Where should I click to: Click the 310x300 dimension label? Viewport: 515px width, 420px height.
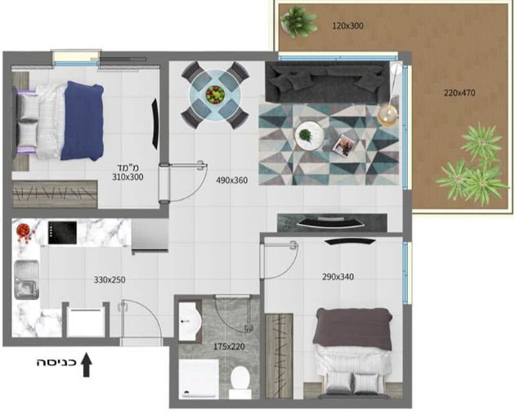(x=128, y=177)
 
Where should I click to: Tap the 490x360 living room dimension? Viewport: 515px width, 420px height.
(x=232, y=181)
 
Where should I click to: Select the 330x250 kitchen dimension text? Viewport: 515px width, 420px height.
(x=110, y=280)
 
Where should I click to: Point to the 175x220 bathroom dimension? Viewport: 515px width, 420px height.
(x=229, y=346)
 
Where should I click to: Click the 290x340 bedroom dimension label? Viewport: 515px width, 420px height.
(x=338, y=277)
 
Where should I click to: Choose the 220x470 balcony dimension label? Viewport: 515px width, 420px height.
(x=459, y=93)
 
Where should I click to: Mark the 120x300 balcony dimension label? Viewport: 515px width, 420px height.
(x=347, y=25)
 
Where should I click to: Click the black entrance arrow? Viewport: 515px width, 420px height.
(x=87, y=364)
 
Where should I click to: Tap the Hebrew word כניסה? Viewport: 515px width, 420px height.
(x=56, y=363)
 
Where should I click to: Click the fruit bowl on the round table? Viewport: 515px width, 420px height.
(x=215, y=95)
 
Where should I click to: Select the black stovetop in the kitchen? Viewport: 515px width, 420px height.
(x=62, y=233)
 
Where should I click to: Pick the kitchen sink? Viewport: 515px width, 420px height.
(x=26, y=279)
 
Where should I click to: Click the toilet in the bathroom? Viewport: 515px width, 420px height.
(x=240, y=382)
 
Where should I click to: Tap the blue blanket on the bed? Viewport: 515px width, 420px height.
(x=82, y=121)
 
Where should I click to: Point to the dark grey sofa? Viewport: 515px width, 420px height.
(x=329, y=82)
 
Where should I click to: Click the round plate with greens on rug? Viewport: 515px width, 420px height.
(x=309, y=135)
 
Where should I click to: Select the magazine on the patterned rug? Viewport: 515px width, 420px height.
(x=343, y=145)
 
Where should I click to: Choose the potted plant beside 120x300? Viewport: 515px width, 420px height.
(x=299, y=22)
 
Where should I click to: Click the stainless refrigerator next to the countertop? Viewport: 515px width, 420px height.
(x=150, y=236)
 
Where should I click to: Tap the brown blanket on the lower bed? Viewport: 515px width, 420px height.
(x=353, y=328)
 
